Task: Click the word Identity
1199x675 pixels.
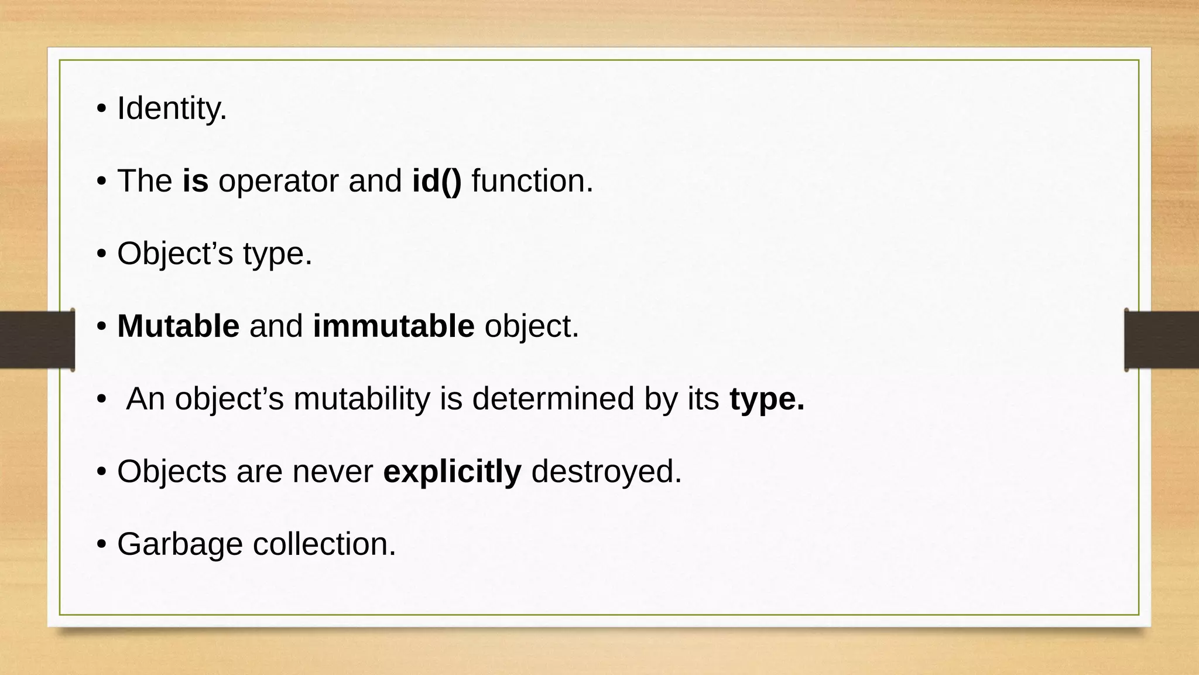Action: [172, 108]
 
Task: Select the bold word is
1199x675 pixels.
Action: [196, 180]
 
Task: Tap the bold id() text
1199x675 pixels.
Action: [437, 180]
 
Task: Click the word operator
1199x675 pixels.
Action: [278, 182]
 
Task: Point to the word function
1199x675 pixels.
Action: [532, 180]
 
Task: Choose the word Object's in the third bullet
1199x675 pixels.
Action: [174, 254]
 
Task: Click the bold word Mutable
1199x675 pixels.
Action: [178, 326]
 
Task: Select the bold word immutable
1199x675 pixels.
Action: [393, 326]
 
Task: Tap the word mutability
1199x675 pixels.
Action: [362, 398]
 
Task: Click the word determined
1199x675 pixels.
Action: [553, 398]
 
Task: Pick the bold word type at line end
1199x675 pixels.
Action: [766, 400]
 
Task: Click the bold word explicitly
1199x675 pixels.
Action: [452, 472]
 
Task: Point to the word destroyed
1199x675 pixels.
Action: [607, 471]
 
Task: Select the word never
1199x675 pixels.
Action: [333, 472]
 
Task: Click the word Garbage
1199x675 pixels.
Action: [180, 545]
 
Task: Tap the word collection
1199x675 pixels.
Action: [324, 544]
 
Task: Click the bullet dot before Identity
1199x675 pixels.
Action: [101, 109]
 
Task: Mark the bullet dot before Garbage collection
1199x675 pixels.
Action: [101, 544]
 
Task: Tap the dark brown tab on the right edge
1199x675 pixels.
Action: [1162, 340]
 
